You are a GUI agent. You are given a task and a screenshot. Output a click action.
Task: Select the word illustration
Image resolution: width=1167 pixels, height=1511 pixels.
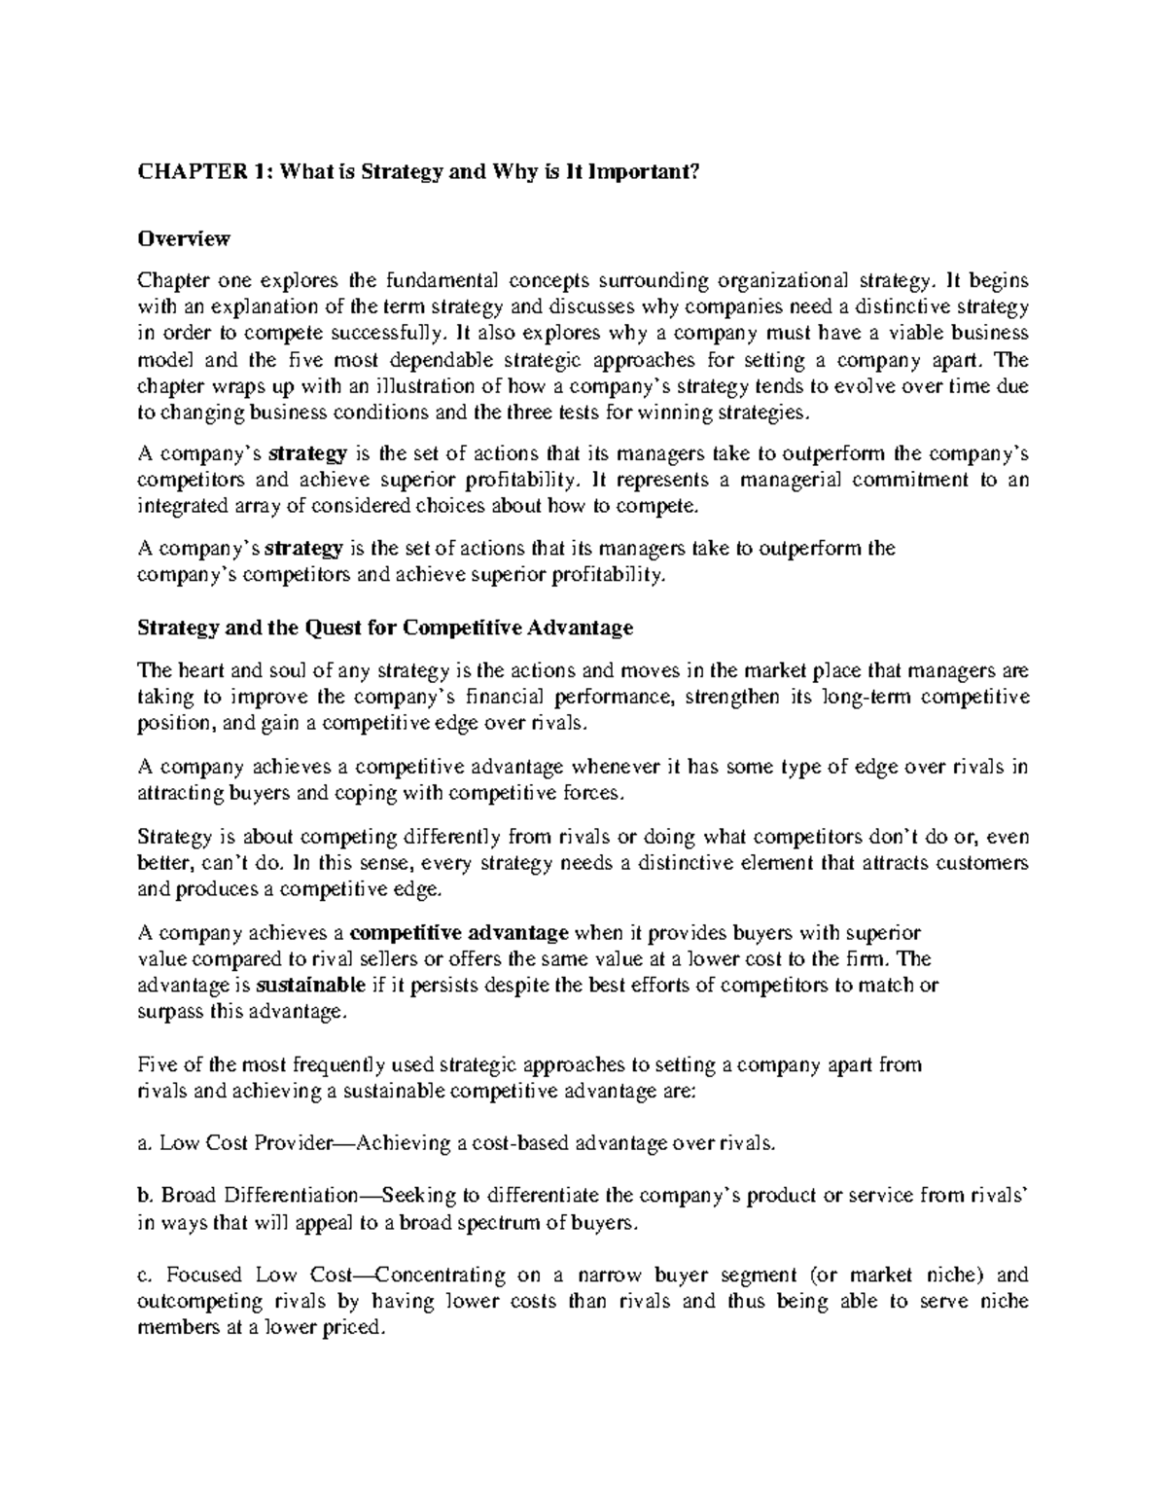pos(433,386)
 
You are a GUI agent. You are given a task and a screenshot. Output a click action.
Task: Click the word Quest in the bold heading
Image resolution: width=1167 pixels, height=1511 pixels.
pos(336,628)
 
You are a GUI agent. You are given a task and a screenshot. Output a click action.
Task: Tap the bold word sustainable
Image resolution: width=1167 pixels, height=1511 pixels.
pos(311,985)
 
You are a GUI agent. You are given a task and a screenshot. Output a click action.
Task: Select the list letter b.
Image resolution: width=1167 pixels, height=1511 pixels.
pos(145,1196)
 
